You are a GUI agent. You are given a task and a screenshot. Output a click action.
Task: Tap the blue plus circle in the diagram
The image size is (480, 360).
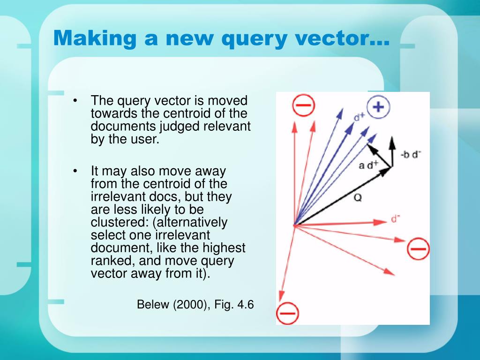378,107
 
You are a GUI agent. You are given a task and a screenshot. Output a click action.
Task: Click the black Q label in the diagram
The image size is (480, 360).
358,198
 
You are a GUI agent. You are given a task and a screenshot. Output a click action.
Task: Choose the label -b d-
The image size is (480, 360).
411,155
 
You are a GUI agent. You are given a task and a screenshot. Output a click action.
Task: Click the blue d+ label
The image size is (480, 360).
360,116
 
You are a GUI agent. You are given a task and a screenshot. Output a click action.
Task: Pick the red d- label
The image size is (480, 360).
395,218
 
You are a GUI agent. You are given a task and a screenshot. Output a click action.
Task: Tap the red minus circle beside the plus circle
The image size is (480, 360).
303,106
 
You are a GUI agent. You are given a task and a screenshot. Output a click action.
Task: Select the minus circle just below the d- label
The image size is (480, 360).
418,248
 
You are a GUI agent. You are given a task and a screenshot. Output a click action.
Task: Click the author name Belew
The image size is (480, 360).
153,304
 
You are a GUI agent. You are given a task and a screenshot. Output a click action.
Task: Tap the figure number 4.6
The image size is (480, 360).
245,304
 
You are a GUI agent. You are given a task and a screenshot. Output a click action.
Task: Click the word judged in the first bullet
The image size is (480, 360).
187,126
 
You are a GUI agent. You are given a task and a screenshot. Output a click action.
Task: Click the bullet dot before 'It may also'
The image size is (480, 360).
75,172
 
